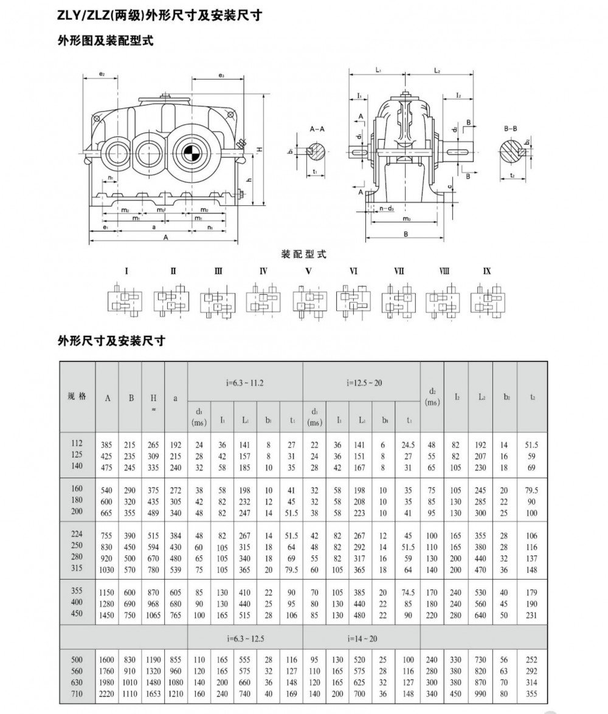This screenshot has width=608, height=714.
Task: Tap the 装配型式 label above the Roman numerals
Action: point(303,254)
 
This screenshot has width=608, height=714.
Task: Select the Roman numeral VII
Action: point(399,271)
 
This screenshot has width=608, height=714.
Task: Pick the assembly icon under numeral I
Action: point(126,300)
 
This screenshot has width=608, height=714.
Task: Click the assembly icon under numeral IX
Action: point(487,300)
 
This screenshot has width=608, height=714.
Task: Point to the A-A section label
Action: point(316,129)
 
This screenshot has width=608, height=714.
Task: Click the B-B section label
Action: point(511,129)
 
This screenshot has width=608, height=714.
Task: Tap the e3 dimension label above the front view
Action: point(221,76)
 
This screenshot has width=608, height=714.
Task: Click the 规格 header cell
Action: point(77,396)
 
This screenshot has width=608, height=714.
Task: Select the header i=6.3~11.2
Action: point(244,383)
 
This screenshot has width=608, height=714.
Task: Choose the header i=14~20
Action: point(361,639)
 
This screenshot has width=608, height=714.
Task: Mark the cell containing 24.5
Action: point(408,444)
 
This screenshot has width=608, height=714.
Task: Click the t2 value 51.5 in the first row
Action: point(532,444)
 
